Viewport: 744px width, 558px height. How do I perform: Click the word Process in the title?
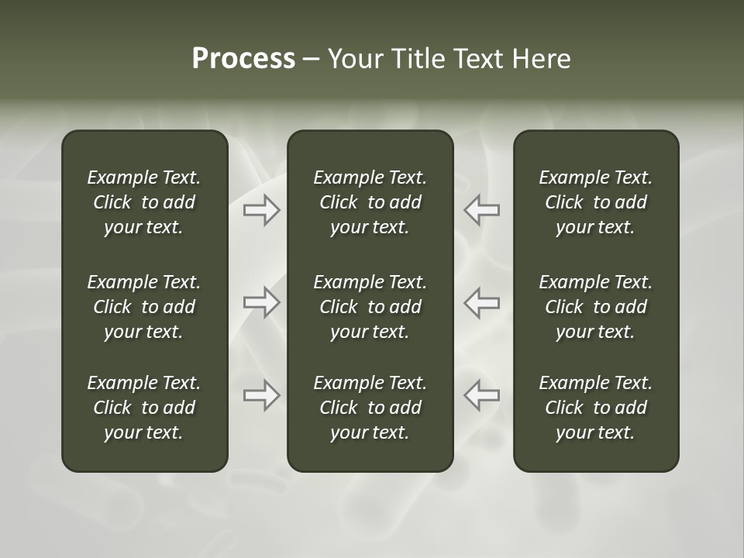243,59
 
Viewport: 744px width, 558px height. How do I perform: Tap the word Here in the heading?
542,59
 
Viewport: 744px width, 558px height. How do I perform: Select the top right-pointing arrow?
261,209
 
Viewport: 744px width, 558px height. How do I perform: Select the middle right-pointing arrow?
261,302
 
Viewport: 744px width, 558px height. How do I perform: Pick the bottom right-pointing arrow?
261,395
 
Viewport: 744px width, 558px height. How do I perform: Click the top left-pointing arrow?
482,209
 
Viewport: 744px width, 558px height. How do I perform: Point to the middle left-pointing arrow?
482,302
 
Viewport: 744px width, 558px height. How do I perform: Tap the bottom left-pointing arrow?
482,395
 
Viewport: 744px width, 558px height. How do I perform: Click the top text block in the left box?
144,202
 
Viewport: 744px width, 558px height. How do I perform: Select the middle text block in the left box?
144,307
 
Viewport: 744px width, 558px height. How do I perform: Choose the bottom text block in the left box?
144,408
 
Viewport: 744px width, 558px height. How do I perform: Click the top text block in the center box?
370,202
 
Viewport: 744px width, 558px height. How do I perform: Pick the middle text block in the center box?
370,307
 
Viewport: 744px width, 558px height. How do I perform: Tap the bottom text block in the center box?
370,408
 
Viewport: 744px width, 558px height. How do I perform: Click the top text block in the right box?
596,202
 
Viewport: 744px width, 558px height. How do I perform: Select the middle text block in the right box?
596,307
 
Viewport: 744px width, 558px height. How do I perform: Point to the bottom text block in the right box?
596,408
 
